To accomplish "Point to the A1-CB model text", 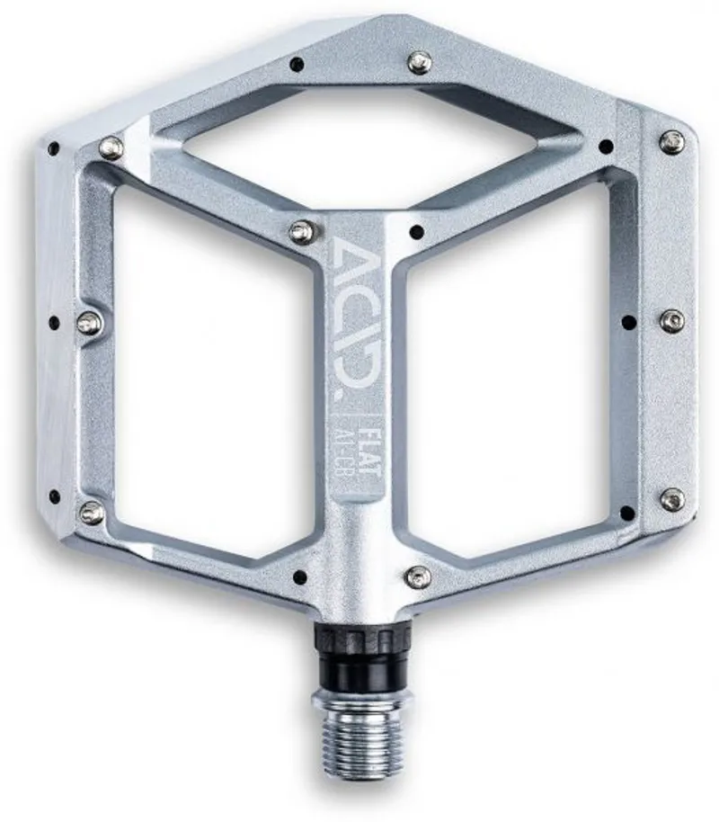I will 347,459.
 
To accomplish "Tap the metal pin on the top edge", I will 419,62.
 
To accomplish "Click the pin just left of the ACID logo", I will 302,231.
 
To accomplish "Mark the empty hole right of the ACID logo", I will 415,232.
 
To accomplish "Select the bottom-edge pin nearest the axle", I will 416,576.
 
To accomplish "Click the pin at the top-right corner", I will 671,141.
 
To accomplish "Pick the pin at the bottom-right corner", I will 671,499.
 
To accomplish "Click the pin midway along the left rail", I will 88,323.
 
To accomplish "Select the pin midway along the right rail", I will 671,320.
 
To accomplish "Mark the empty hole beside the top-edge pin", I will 297,63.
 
